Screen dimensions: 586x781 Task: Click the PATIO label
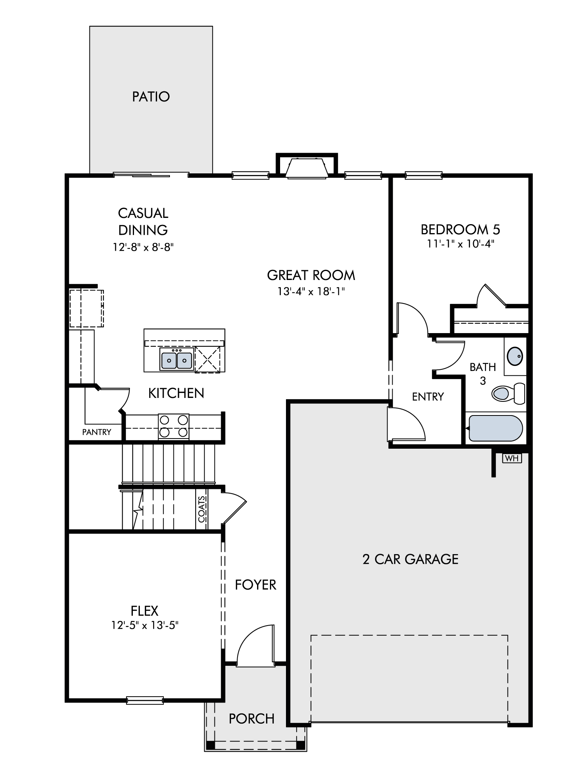pos(151,96)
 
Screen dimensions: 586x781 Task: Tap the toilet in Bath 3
pos(508,393)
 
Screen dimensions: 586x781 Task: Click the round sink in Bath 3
pos(515,356)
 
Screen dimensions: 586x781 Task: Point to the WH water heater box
pos(512,458)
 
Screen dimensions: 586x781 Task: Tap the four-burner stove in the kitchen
pos(173,426)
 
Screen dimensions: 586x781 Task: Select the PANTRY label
pos(96,432)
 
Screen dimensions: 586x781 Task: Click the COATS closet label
pos(202,509)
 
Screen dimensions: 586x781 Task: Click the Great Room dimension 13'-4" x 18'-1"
pos(311,291)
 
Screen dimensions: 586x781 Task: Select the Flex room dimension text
pos(145,625)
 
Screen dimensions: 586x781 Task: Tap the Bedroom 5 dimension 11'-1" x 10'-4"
pos(461,244)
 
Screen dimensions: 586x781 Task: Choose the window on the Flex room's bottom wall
pos(145,700)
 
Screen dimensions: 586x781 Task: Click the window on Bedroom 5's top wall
pos(424,175)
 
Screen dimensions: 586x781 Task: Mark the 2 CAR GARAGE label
pos(410,559)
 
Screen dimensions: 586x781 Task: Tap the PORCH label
pos(252,719)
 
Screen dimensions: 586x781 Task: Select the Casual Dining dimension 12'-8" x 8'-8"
pos(143,247)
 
